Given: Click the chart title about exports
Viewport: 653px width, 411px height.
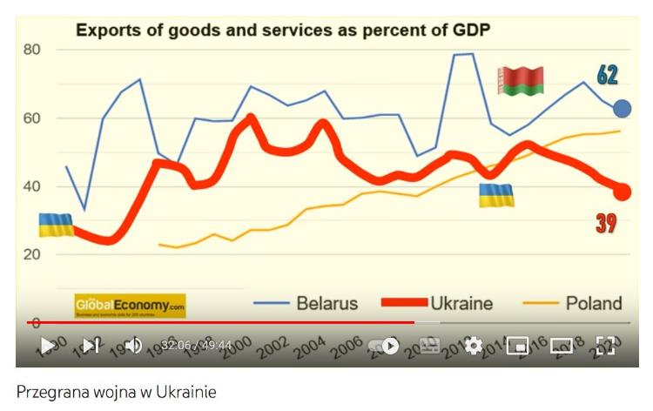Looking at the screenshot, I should click(x=283, y=31).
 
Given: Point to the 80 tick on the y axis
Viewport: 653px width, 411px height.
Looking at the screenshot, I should click(x=32, y=50).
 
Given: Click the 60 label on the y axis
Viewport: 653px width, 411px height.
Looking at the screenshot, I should click(x=32, y=118).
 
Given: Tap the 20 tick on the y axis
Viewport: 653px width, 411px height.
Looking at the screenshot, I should click(x=32, y=254).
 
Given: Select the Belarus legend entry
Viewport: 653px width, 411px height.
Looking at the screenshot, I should click(x=306, y=303).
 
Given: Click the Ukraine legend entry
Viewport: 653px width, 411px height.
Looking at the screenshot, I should click(x=437, y=303).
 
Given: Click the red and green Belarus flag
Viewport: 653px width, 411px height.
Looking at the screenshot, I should click(x=521, y=81).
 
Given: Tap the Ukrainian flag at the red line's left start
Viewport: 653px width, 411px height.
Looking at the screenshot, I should click(x=56, y=225).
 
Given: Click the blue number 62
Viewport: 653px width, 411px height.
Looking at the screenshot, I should click(x=607, y=75).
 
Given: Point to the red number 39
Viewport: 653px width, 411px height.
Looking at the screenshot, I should click(x=606, y=224).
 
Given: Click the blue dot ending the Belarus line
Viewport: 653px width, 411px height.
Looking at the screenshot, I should click(x=623, y=109).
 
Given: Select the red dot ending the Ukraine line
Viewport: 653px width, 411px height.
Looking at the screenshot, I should click(x=623, y=192).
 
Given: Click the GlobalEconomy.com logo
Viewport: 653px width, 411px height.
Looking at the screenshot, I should click(x=130, y=306).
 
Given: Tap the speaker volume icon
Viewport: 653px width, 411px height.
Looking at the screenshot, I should click(x=133, y=346).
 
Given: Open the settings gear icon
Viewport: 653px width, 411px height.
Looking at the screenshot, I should click(x=474, y=346).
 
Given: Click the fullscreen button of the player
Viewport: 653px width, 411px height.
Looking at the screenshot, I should click(x=605, y=346).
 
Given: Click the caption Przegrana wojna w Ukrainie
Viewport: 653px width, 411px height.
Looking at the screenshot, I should click(x=116, y=392).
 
